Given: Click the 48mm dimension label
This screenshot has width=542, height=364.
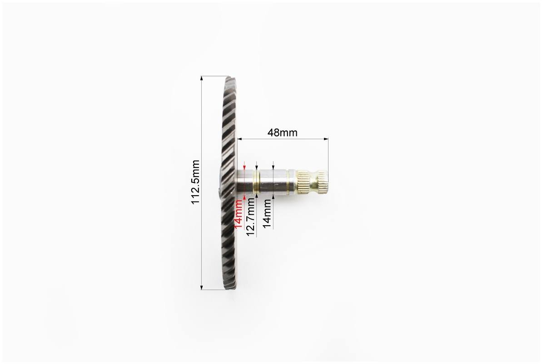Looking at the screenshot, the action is point(282,132).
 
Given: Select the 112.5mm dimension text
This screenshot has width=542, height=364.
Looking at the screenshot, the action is point(196,182).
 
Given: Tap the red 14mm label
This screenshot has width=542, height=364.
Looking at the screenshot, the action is point(239,214).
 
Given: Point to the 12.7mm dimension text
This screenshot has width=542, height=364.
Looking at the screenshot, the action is point(251,217).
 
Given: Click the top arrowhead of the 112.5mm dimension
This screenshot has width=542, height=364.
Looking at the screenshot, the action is point(202,78).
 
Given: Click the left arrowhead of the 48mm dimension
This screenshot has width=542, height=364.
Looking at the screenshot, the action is point(239,139).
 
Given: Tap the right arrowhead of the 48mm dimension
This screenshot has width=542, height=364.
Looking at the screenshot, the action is point(326,139).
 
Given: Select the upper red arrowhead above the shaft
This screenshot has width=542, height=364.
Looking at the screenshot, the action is point(244,167).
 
